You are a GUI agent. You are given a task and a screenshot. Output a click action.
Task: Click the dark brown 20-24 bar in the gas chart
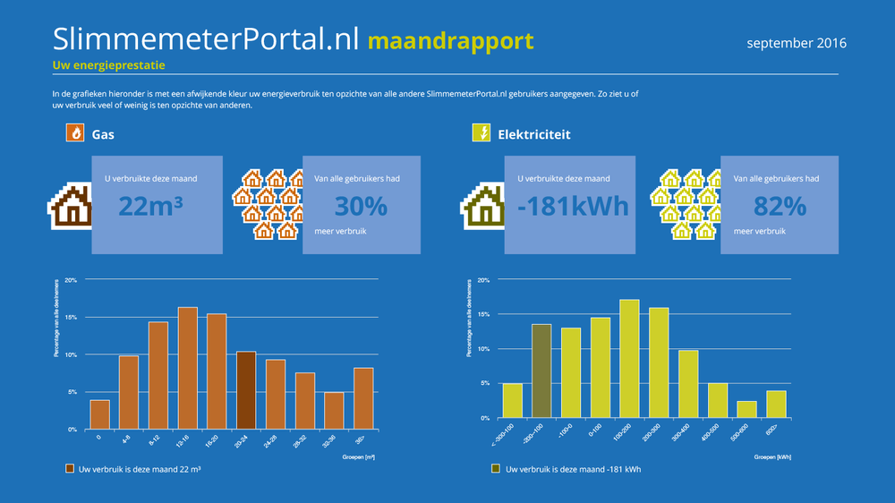click(246, 390)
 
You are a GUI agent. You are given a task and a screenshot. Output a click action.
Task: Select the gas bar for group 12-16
click(188, 369)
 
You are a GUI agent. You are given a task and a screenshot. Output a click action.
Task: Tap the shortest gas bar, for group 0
click(100, 414)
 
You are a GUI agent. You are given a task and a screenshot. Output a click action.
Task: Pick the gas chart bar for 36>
click(363, 398)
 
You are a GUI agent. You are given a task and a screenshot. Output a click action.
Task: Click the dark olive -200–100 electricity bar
click(541, 371)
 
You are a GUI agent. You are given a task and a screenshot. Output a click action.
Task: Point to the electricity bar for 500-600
click(746, 409)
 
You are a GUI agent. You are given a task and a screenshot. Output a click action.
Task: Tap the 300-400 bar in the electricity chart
click(688, 383)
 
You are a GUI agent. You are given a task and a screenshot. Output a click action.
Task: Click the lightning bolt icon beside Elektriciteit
click(481, 134)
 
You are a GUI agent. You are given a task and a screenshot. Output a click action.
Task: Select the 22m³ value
click(150, 206)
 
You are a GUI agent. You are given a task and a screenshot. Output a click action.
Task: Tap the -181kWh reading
click(574, 206)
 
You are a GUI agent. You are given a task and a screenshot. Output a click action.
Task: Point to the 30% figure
click(361, 206)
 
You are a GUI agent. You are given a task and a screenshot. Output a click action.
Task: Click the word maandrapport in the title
click(450, 40)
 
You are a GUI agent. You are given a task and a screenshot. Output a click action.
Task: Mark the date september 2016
click(797, 43)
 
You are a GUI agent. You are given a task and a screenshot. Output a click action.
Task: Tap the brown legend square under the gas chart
click(70, 468)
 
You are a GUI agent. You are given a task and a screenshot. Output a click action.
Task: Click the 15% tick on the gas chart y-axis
click(71, 318)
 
